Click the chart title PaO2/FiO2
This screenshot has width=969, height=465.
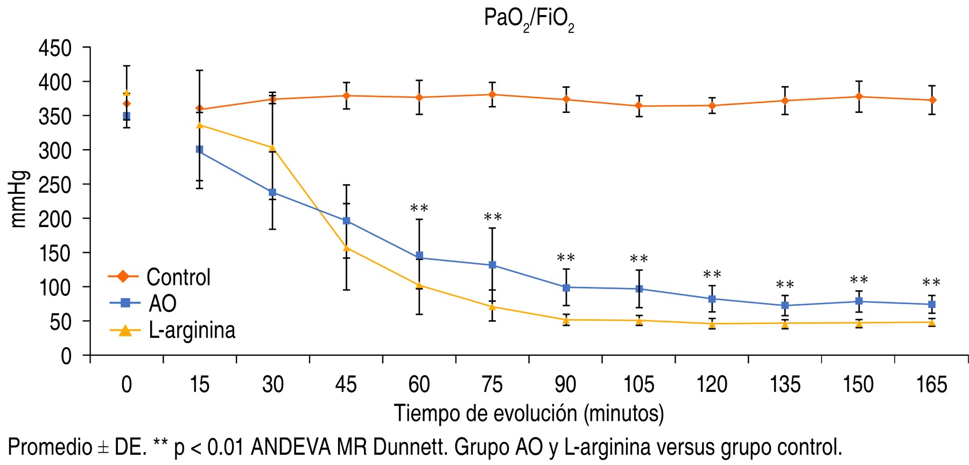tap(529, 19)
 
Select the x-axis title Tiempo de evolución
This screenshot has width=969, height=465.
tap(529, 413)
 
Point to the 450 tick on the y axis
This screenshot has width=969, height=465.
tap(55, 48)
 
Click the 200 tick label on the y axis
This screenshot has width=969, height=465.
tap(55, 219)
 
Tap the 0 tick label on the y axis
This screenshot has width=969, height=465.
tap(66, 356)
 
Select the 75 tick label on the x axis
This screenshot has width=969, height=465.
tap(492, 385)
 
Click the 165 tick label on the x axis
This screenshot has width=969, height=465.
tap(931, 385)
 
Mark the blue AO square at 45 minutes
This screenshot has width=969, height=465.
tap(347, 221)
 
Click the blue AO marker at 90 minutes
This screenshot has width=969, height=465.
tap(566, 287)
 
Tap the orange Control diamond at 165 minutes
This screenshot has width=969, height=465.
tap(932, 100)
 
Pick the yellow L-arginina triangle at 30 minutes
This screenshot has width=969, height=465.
tap(272, 148)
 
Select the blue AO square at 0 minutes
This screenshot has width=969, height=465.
tap(127, 116)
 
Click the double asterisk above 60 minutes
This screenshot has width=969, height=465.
tap(419, 209)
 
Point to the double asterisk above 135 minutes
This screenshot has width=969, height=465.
tap(785, 285)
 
